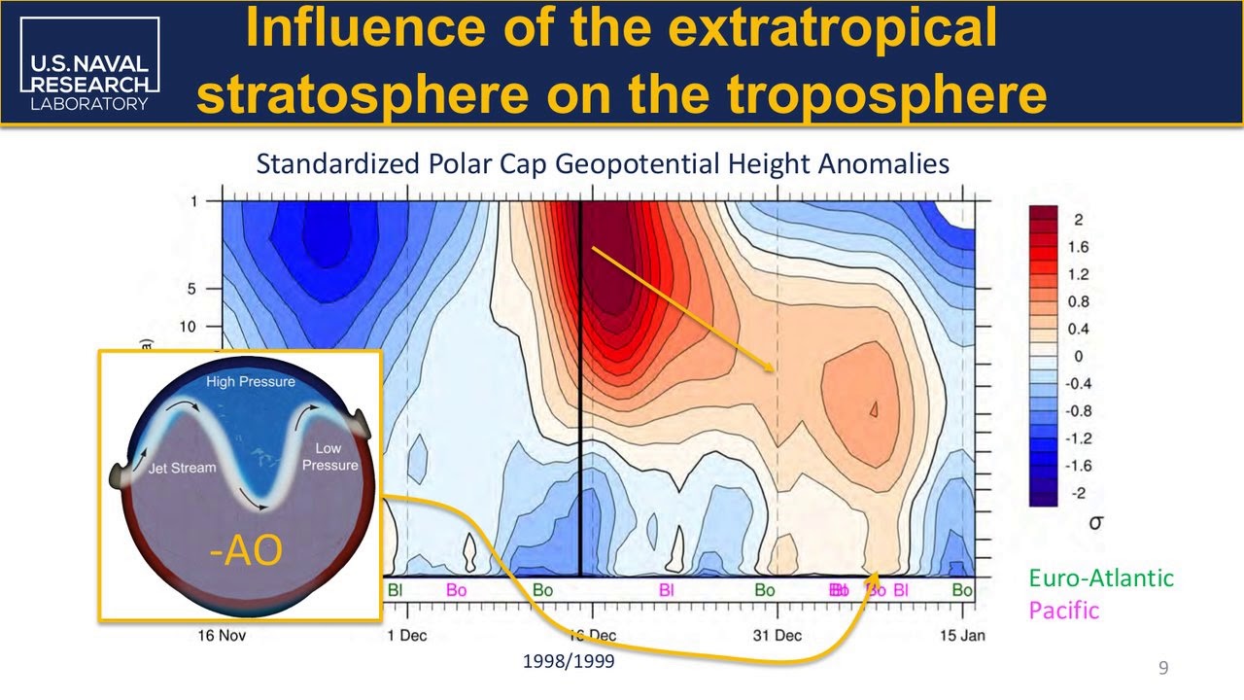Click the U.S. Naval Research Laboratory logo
click(88, 65)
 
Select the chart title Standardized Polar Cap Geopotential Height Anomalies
click(603, 164)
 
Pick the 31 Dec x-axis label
click(777, 636)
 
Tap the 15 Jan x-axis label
click(962, 636)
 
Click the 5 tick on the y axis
click(192, 289)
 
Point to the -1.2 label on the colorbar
click(1077, 438)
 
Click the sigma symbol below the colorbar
click(1096, 522)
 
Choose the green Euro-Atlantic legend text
click(1101, 578)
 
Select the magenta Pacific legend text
click(1064, 611)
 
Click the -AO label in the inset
click(246, 550)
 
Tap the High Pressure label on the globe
click(251, 382)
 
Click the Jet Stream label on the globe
click(182, 468)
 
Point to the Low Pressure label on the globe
click(329, 457)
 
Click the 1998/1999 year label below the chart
click(569, 661)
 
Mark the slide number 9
click(1163, 667)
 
